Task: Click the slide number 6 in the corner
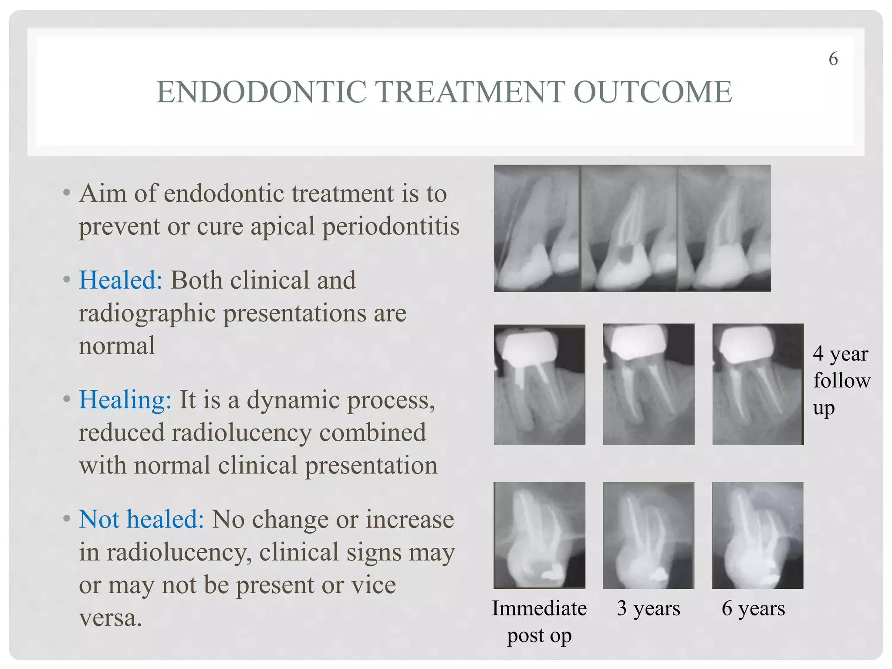coord(833,59)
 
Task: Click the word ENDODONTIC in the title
coord(261,92)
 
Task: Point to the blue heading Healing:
coord(125,400)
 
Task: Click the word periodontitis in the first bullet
coord(391,226)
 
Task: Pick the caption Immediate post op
coord(539,622)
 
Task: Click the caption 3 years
coord(648,608)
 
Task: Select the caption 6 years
coord(753,608)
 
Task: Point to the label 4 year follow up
coord(841,381)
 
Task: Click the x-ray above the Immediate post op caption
coord(539,535)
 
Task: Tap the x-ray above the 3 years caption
coord(648,535)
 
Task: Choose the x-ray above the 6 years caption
coord(757,535)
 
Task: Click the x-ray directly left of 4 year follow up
coord(758,384)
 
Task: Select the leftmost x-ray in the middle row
coord(539,385)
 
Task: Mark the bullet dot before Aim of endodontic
coord(66,193)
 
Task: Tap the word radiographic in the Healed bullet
coord(147,314)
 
